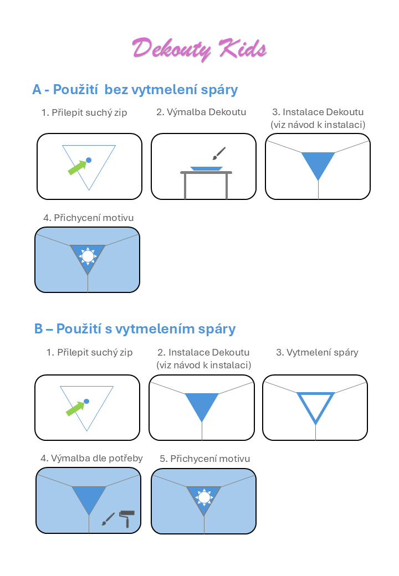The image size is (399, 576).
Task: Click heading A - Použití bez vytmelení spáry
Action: click(135, 90)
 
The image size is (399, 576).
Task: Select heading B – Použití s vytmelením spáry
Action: click(135, 329)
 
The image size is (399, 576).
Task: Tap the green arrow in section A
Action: click(78, 167)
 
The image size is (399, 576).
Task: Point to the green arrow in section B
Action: click(76, 409)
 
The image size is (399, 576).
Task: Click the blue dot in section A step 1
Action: click(89, 160)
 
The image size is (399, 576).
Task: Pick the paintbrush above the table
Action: click(219, 153)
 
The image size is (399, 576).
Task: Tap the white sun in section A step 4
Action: click(88, 256)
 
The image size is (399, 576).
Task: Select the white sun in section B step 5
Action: click(204, 497)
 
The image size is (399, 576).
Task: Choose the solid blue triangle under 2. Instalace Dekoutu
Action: click(202, 405)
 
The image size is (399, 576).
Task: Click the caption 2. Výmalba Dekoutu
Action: click(201, 112)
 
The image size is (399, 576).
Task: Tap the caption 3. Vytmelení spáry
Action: click(317, 352)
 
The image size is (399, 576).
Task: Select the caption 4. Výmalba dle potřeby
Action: click(91, 458)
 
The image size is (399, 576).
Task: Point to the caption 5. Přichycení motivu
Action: click(204, 459)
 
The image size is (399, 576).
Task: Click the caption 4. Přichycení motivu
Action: click(88, 218)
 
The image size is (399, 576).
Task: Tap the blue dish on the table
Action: click(206, 168)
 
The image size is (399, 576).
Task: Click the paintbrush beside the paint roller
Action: click(108, 519)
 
